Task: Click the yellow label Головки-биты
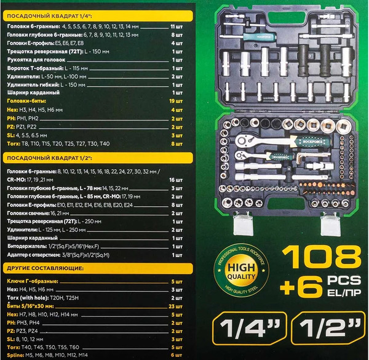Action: (x=23, y=99)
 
